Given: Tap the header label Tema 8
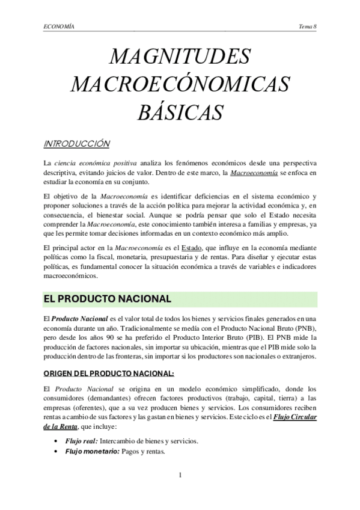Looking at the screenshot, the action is tap(307, 26).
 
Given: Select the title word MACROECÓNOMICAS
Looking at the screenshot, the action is tap(180, 84).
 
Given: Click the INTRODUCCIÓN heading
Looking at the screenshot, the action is tap(77, 144).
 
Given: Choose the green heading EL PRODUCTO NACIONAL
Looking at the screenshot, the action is tap(107, 298).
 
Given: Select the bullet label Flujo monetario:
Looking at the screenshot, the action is tap(85, 452).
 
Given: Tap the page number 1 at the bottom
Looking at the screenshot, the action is tap(180, 477).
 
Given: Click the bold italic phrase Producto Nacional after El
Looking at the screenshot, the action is tap(77, 318).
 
